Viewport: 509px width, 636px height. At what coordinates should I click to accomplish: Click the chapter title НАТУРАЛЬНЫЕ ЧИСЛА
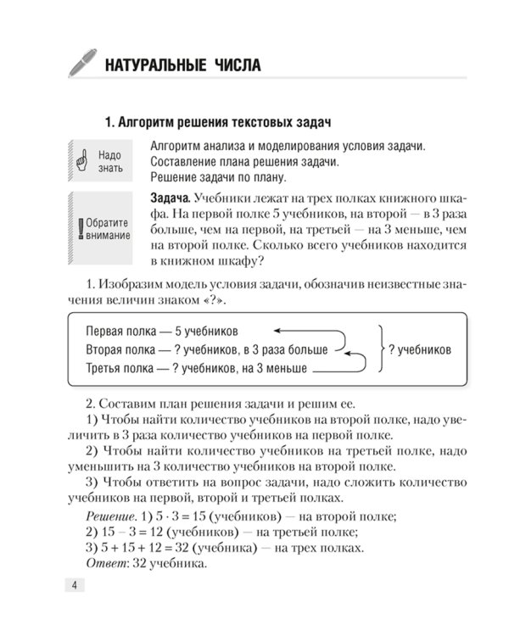[182, 65]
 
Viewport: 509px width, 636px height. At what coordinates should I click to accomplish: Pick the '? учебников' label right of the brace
[420, 349]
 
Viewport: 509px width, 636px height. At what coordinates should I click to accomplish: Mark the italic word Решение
[112, 516]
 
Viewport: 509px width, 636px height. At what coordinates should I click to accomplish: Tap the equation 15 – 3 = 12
[126, 532]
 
